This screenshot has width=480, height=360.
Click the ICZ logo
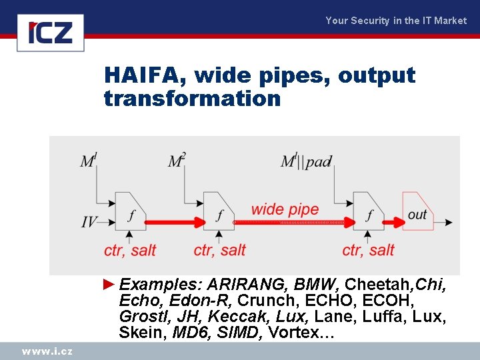[x=50, y=32]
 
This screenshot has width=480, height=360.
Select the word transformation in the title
[x=192, y=99]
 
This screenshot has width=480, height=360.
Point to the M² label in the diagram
[x=177, y=161]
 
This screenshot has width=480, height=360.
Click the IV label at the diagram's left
[x=89, y=221]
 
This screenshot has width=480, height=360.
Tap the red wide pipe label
[x=285, y=209]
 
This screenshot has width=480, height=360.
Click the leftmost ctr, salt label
[x=130, y=251]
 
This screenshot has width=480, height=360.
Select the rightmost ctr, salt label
[x=368, y=250]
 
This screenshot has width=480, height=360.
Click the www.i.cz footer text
[x=47, y=351]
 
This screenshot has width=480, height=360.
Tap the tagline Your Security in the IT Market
[x=395, y=21]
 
